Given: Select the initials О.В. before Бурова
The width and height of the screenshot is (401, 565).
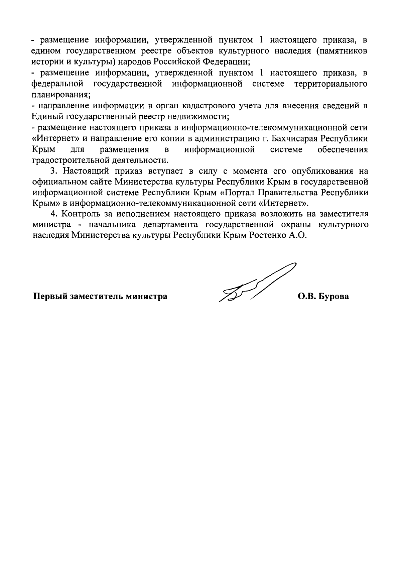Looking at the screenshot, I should click(307, 297).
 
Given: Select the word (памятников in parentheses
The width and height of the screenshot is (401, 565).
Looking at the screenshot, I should click(338, 51).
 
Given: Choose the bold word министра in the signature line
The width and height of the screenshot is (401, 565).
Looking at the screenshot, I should click(146, 297).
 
